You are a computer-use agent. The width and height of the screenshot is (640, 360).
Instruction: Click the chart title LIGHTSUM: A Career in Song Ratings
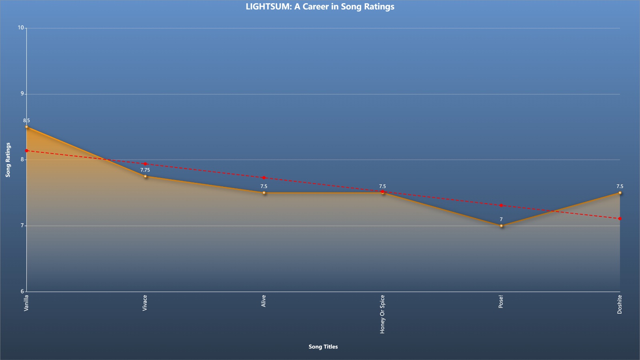pyautogui.click(x=320, y=6)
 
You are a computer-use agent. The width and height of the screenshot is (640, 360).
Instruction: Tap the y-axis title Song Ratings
pyautogui.click(x=8, y=160)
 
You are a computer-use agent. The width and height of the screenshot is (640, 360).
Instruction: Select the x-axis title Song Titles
pyautogui.click(x=323, y=346)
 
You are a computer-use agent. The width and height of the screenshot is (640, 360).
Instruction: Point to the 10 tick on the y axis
pyautogui.click(x=21, y=28)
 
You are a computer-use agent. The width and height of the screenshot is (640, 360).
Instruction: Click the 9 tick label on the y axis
pyautogui.click(x=22, y=94)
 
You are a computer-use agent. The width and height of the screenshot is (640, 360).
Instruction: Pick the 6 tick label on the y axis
pyautogui.click(x=22, y=292)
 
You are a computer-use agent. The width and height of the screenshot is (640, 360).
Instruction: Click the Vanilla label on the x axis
pyautogui.click(x=26, y=303)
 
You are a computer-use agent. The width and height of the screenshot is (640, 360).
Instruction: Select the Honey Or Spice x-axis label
pyautogui.click(x=382, y=314)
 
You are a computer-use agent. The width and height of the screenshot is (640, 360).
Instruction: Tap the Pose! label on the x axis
pyautogui.click(x=501, y=302)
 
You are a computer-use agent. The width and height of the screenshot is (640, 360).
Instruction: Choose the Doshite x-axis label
pyautogui.click(x=620, y=304)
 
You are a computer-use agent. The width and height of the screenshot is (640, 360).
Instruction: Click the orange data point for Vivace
pyautogui.click(x=146, y=176)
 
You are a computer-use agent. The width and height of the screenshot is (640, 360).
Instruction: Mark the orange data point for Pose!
pyautogui.click(x=501, y=226)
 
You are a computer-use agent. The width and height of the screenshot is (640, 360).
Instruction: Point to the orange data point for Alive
pyautogui.click(x=264, y=193)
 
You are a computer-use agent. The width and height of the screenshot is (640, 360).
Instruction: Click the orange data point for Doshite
pyautogui.click(x=620, y=193)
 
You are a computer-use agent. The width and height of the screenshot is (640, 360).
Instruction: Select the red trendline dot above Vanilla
pyautogui.click(x=26, y=150)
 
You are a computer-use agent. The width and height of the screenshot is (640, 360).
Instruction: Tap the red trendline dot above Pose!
pyautogui.click(x=501, y=206)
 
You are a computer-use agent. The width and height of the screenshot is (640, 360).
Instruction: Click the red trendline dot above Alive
pyautogui.click(x=264, y=178)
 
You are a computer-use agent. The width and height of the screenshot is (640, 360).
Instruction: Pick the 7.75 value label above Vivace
pyautogui.click(x=145, y=170)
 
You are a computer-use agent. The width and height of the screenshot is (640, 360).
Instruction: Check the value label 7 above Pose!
pyautogui.click(x=501, y=220)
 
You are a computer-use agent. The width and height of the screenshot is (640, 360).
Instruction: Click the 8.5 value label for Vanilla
pyautogui.click(x=26, y=120)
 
